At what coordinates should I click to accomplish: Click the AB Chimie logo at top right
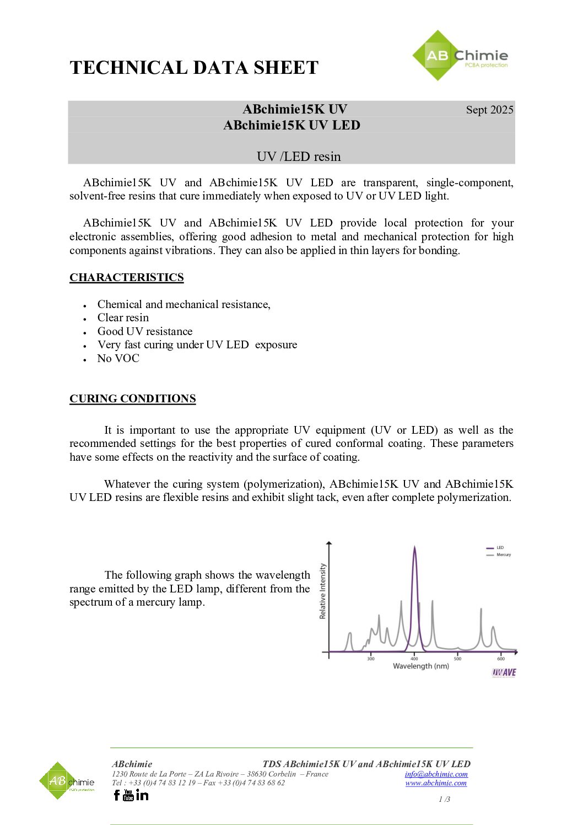[460, 56]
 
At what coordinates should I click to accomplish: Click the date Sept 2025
[489, 110]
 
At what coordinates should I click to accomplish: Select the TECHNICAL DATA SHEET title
[194, 68]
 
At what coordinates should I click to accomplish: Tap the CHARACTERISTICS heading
[127, 277]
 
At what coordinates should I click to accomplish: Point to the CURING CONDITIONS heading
[132, 398]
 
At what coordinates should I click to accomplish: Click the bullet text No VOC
[118, 358]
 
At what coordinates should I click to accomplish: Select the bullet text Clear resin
[123, 317]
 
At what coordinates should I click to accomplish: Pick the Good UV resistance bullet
[145, 331]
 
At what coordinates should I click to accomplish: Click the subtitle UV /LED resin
[299, 157]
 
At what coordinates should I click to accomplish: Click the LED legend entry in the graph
[500, 548]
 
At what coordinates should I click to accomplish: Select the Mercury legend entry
[503, 555]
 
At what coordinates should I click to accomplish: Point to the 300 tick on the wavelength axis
[371, 659]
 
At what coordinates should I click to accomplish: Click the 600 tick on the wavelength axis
[501, 659]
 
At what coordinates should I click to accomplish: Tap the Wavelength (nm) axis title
[420, 666]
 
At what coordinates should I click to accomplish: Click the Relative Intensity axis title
[323, 591]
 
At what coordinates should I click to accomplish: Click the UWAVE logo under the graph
[504, 672]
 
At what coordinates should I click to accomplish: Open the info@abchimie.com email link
[436, 774]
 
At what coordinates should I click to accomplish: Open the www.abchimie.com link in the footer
[436, 783]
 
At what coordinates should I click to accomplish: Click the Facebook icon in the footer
[117, 795]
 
